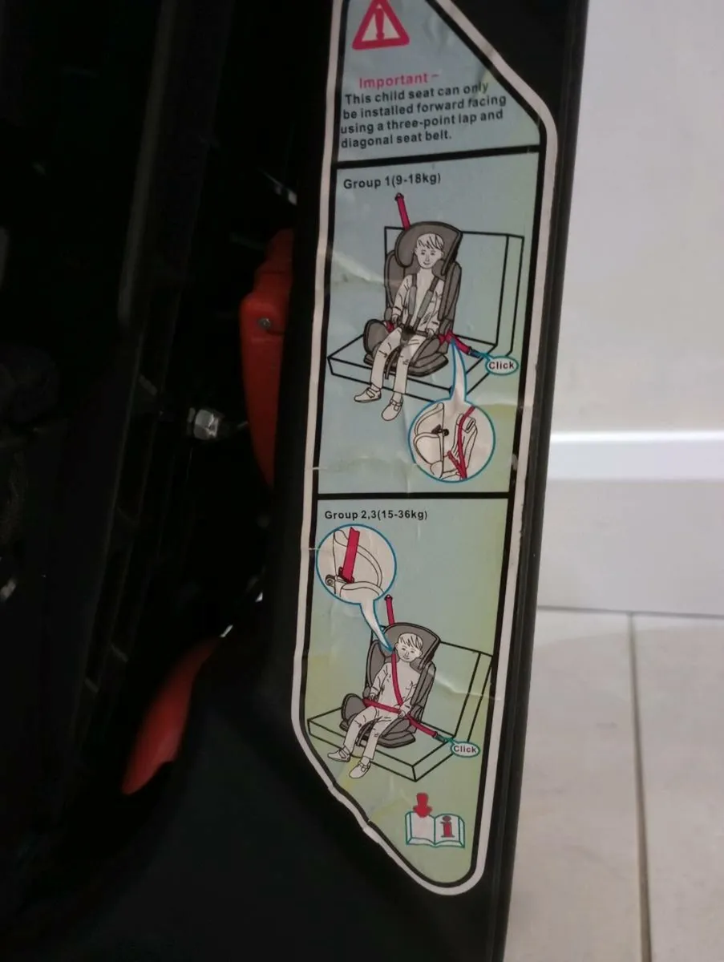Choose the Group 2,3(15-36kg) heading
pyautogui.click(x=377, y=514)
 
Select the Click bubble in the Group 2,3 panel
pyautogui.click(x=464, y=749)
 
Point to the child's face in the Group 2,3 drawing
pyautogui.click(x=410, y=646)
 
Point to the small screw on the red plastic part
pyautogui.click(x=264, y=321)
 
